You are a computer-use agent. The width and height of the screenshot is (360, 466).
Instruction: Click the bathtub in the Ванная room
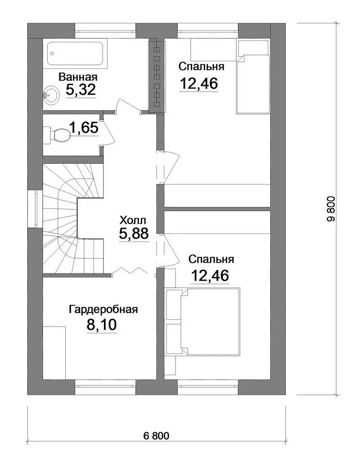(75, 54)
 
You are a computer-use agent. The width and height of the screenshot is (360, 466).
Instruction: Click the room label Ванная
(78, 77)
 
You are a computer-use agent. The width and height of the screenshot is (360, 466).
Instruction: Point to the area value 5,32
(81, 90)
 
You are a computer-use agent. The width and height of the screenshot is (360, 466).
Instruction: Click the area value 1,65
(84, 128)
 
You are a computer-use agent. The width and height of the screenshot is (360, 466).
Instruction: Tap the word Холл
(133, 220)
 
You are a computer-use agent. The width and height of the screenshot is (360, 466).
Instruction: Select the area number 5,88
(134, 233)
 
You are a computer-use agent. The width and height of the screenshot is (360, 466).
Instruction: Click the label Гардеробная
(103, 309)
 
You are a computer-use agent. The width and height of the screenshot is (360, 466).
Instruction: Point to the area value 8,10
(102, 325)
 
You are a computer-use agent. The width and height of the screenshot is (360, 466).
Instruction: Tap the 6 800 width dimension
(156, 436)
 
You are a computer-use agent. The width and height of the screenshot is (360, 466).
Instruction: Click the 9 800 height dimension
(331, 209)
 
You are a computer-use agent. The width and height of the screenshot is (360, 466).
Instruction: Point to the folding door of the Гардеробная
(130, 271)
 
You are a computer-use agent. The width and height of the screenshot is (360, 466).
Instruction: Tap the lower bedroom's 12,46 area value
(210, 275)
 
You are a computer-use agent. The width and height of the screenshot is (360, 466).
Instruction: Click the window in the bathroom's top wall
(105, 31)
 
